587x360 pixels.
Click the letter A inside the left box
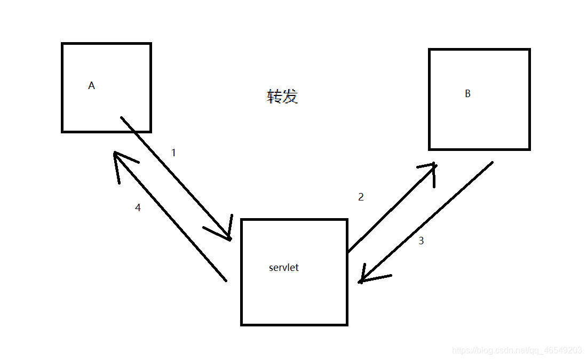pos(91,85)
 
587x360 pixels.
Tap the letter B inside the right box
pos(467,94)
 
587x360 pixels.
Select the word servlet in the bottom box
pos(284,268)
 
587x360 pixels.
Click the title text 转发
pos(282,97)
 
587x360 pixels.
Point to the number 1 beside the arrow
pos(173,153)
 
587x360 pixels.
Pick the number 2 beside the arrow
pos(361,197)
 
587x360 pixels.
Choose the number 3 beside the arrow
pos(421,241)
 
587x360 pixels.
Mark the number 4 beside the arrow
pos(138,208)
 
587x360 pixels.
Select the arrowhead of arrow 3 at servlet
pos(361,281)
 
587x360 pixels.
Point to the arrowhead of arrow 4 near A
pos(116,155)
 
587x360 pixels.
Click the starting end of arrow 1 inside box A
pos(122,117)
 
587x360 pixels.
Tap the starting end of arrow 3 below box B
pos(491,162)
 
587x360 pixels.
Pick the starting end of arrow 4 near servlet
pos(226,280)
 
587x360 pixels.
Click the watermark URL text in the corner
pos(517,350)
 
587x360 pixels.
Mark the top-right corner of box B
pos(529,50)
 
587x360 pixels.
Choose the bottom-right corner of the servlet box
pos(347,324)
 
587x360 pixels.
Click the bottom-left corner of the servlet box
pos(242,324)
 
